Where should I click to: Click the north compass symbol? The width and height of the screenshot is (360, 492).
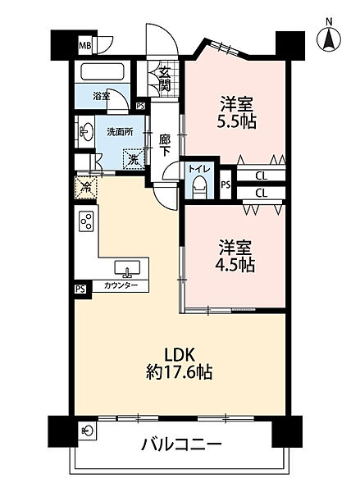pos(329,36)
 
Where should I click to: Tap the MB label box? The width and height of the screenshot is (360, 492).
pos(85,46)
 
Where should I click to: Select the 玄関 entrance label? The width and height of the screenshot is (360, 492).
pos(165,80)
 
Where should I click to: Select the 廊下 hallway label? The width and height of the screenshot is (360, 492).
pos(165,145)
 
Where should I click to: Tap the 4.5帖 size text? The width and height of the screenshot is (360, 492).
pos(235,266)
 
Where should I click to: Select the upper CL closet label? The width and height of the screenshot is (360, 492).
pos(261,175)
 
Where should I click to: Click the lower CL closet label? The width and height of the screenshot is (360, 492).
pos(261,193)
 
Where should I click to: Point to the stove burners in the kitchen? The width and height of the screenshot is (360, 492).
pos(87,222)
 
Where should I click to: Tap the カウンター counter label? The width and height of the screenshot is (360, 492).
pos(121,286)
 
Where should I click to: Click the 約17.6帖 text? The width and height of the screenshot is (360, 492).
pos(180,373)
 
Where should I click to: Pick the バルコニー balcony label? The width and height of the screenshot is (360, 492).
pos(182,447)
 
